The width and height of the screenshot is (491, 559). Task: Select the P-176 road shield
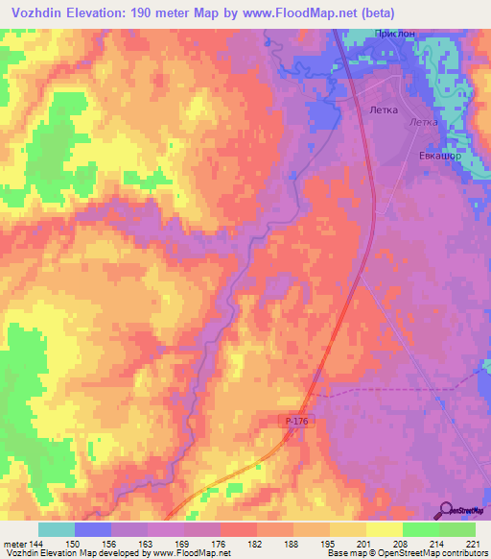pyautogui.click(x=299, y=422)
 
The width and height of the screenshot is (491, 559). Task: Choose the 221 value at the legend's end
pyautogui.click(x=474, y=543)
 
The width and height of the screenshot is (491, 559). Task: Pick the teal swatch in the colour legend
pyautogui.click(x=57, y=529)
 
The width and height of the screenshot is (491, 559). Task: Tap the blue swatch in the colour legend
pyautogui.click(x=93, y=529)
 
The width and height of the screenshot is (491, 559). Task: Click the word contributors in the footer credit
pyautogui.click(x=464, y=554)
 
